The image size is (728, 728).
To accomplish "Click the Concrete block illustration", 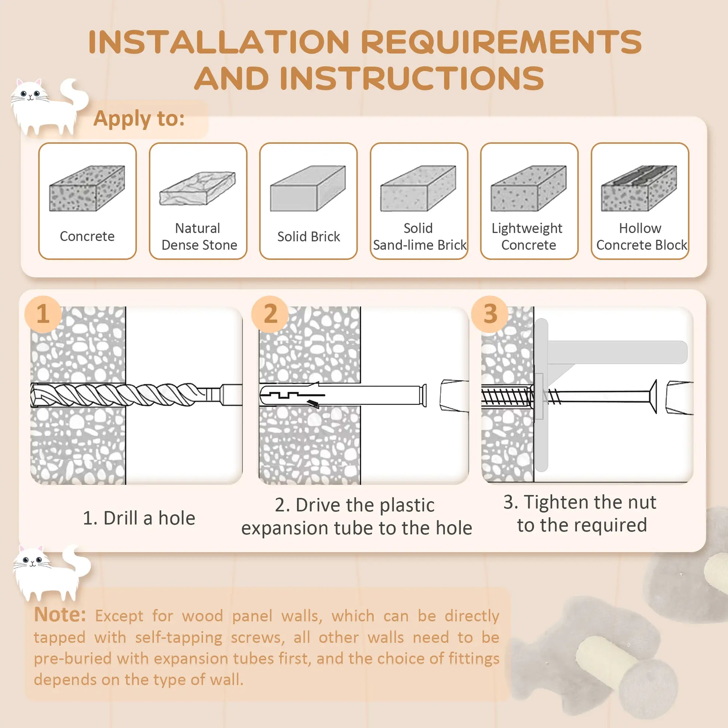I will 87,189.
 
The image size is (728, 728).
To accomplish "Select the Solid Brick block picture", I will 308,189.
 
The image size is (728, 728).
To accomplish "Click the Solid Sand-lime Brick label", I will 419,237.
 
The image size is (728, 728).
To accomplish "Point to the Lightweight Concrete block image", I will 528,189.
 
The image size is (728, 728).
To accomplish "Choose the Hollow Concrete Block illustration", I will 639,189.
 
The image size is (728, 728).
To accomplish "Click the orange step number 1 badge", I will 43,314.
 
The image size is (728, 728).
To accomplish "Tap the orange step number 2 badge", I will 270,314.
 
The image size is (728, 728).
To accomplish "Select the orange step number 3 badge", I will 489,314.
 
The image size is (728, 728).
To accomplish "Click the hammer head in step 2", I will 454,396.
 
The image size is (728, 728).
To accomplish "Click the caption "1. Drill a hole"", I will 139,518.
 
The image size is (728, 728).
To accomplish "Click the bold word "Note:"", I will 60,615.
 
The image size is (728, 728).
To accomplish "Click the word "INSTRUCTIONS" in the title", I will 412,79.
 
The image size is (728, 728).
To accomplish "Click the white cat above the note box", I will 49,573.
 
